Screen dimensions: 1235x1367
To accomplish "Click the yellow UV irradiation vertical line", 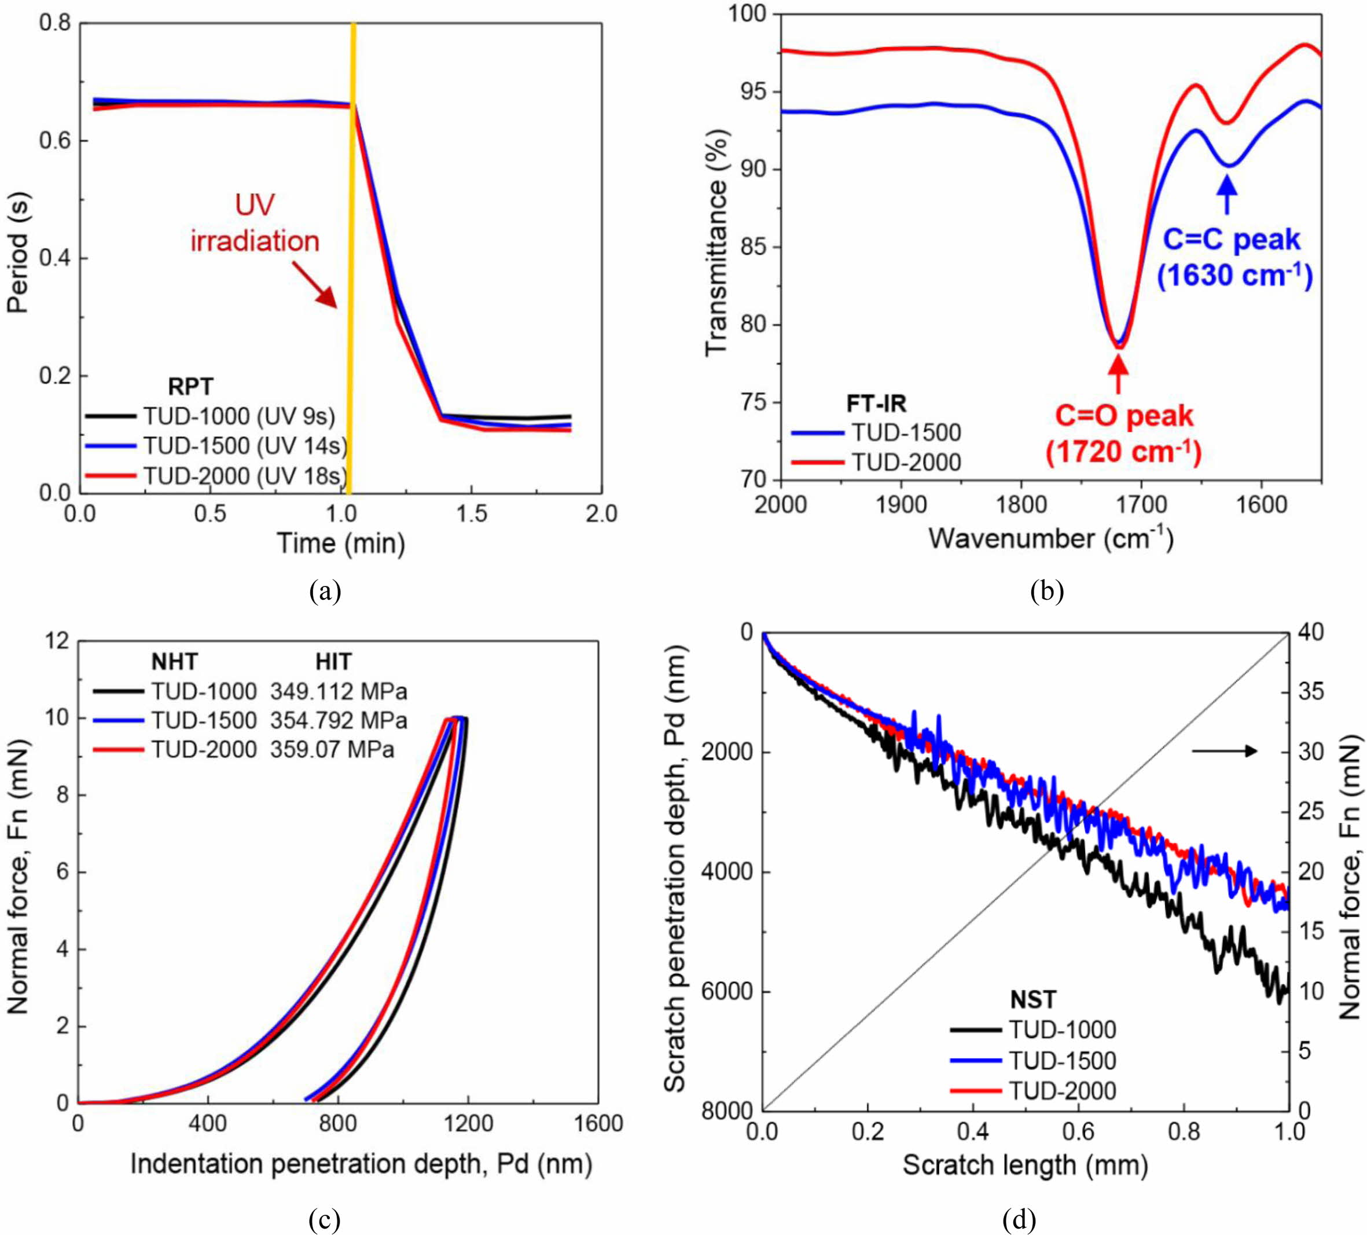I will click(352, 258).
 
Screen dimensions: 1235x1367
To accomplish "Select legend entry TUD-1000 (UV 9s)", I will click(210, 416).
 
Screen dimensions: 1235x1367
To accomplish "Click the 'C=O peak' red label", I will click(1123, 416).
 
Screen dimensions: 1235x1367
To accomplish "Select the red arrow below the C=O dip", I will click(1119, 375).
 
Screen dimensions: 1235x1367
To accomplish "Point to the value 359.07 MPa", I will click(332, 749).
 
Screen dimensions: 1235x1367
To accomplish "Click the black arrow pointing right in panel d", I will click(1224, 751).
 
